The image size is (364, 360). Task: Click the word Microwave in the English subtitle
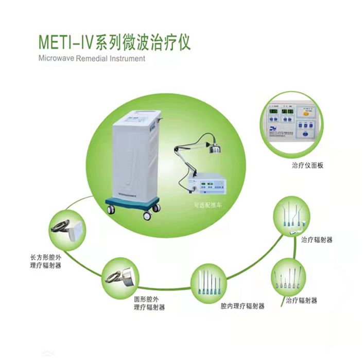[56, 58]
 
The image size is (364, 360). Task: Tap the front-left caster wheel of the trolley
[111, 209]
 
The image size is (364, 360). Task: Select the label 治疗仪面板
[306, 165]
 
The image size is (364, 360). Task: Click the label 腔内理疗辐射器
[242, 305]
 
